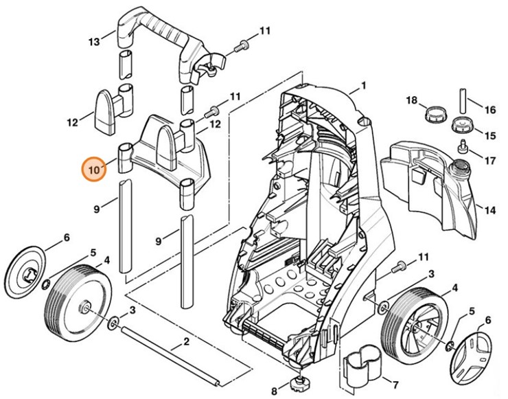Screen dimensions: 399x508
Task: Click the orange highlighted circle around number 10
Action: pyautogui.click(x=94, y=168)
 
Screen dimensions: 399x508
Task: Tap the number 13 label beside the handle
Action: pyautogui.click(x=95, y=43)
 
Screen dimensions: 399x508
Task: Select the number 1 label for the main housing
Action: pyautogui.click(x=364, y=86)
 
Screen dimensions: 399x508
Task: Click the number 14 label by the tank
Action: pyautogui.click(x=489, y=210)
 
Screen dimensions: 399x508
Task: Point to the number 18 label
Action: pyautogui.click(x=411, y=101)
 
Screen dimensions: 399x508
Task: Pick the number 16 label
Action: pyautogui.click(x=489, y=110)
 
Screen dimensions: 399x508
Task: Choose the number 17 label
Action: pyautogui.click(x=489, y=161)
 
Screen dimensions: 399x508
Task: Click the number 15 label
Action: pyautogui.click(x=489, y=135)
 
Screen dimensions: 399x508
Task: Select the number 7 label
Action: pyautogui.click(x=395, y=384)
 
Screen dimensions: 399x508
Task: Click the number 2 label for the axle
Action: pyautogui.click(x=185, y=341)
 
